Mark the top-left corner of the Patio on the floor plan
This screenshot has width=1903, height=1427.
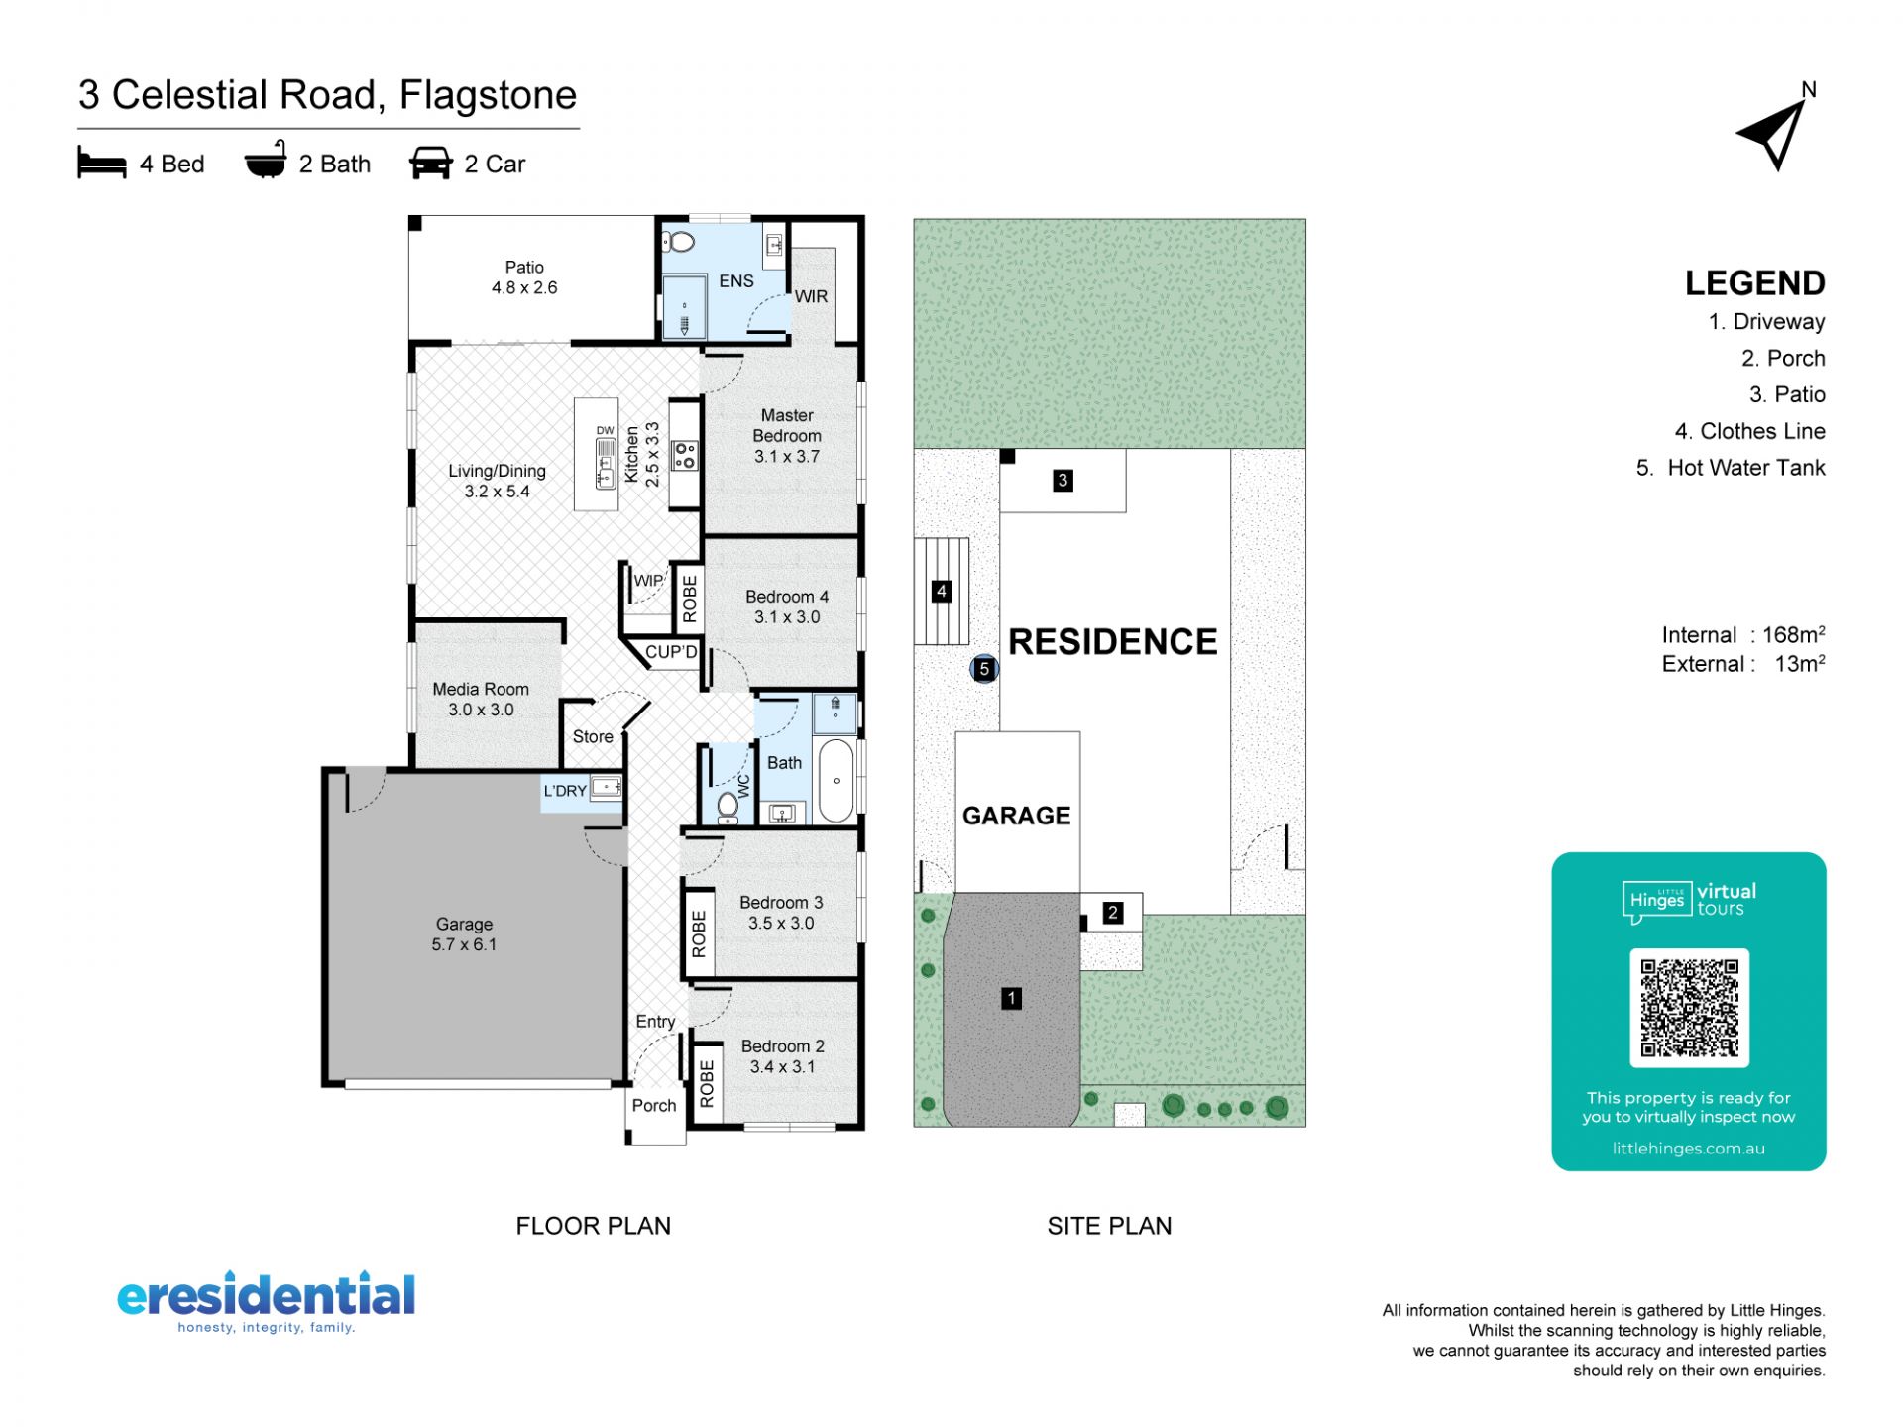409,217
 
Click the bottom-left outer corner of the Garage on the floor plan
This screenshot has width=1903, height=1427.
323,1086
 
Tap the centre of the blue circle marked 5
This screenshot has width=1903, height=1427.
984,669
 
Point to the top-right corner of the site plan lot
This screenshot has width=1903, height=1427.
1305,219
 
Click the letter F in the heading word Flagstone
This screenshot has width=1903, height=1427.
409,95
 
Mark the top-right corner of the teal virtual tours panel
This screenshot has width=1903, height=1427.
1825,854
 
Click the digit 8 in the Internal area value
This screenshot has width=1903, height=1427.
1797,635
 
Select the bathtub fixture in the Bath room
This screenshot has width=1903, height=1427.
836,780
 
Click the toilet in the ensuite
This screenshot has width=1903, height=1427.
679,241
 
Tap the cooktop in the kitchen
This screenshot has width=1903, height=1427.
685,455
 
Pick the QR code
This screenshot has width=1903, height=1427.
1689,1008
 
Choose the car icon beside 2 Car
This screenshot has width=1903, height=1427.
430,164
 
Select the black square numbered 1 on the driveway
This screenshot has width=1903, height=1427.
1011,998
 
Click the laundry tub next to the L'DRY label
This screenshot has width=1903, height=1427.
606,788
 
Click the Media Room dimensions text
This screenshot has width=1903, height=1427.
481,710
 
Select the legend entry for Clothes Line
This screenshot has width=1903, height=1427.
1749,431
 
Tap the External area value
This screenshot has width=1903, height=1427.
1799,664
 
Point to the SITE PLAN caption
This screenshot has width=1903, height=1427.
1109,1226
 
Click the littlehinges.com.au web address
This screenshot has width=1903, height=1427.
1688,1149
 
